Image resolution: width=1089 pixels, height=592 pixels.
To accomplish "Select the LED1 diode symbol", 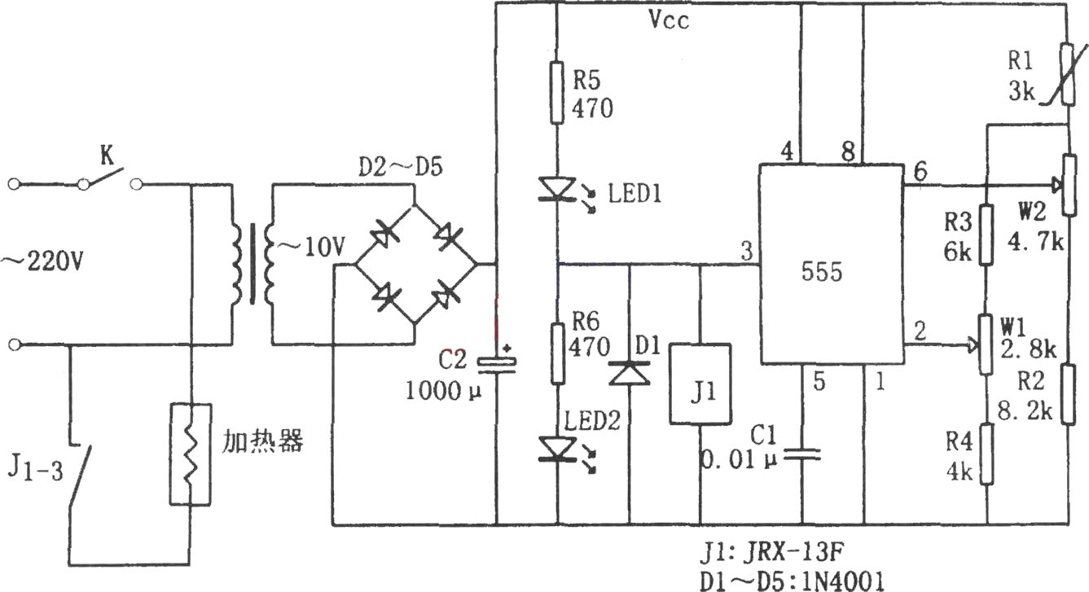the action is pyautogui.click(x=558, y=189).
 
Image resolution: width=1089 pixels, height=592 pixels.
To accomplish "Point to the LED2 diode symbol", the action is pyautogui.click(x=558, y=449).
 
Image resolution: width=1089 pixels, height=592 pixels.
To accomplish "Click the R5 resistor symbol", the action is pyautogui.click(x=557, y=92).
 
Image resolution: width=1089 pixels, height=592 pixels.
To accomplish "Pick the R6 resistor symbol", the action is pyautogui.click(x=558, y=354).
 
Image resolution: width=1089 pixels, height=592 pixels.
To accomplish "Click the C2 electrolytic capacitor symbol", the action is pyautogui.click(x=496, y=365).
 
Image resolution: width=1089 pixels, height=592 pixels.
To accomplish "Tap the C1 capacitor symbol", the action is pyautogui.click(x=802, y=454).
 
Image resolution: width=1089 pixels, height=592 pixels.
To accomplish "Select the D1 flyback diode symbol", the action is pyautogui.click(x=630, y=373).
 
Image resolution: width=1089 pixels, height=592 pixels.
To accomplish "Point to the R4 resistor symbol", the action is pyautogui.click(x=986, y=454).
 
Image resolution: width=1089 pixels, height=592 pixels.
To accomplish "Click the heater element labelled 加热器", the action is pyautogui.click(x=191, y=454).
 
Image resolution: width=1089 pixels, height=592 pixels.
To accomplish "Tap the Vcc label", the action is pyautogui.click(x=669, y=20).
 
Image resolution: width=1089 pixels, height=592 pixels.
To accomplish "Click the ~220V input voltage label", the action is pyautogui.click(x=43, y=261).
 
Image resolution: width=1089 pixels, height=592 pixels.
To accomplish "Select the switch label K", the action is pyautogui.click(x=107, y=156).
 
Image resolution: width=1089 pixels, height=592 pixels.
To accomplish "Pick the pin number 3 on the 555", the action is pyautogui.click(x=746, y=252).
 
